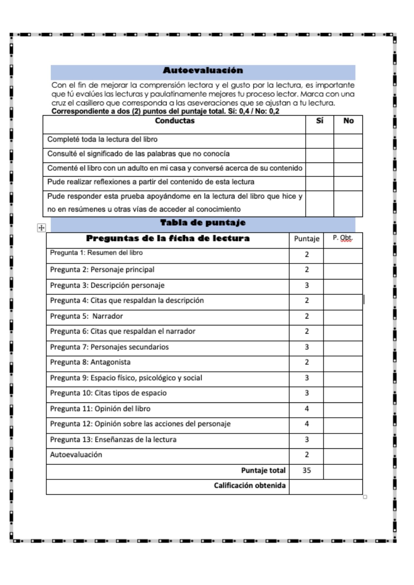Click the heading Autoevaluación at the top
[x=203, y=70]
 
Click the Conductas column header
[x=175, y=121]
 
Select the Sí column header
[x=319, y=121]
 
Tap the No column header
[x=348, y=121]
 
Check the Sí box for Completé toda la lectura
[x=319, y=141]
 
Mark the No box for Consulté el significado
[x=348, y=155]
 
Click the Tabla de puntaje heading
[x=203, y=223]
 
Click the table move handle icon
[x=42, y=228]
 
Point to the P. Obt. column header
[x=343, y=238]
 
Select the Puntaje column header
[x=307, y=239]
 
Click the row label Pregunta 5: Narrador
[x=86, y=316]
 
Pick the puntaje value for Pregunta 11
[x=307, y=409]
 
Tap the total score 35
[x=307, y=470]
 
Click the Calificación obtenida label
[x=249, y=486]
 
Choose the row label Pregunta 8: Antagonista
[x=90, y=362]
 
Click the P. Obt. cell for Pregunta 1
[x=343, y=256]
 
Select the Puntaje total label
[x=263, y=470]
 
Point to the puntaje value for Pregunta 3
[x=307, y=285]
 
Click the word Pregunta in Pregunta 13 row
[x=61, y=440]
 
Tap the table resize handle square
[x=365, y=497]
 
